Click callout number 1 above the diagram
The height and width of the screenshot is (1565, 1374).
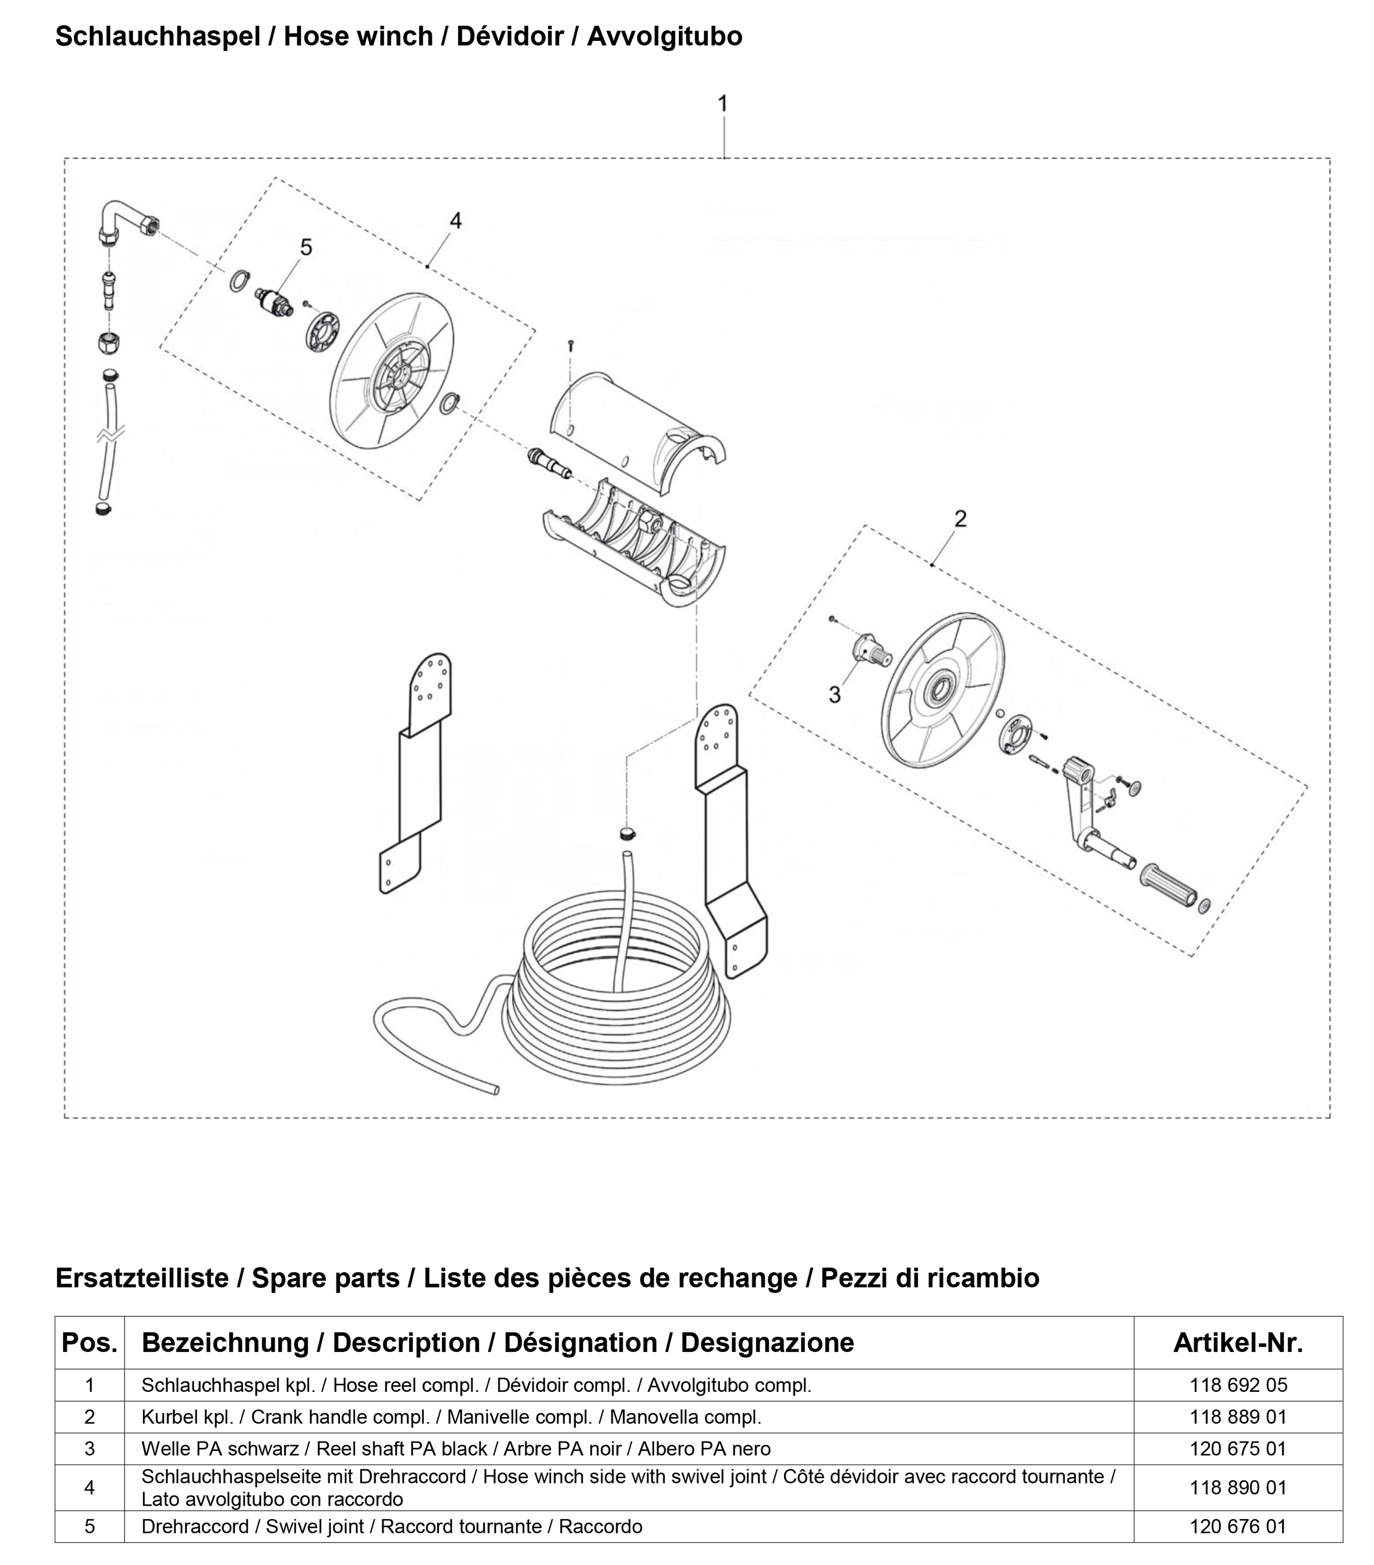click(722, 103)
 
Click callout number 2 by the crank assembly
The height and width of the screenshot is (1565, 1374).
click(960, 519)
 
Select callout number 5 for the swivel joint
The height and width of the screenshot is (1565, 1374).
click(306, 247)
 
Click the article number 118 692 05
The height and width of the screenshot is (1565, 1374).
click(1238, 1385)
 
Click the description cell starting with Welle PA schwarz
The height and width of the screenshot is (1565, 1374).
click(456, 1449)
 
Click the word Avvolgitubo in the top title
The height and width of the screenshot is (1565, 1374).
click(664, 36)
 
